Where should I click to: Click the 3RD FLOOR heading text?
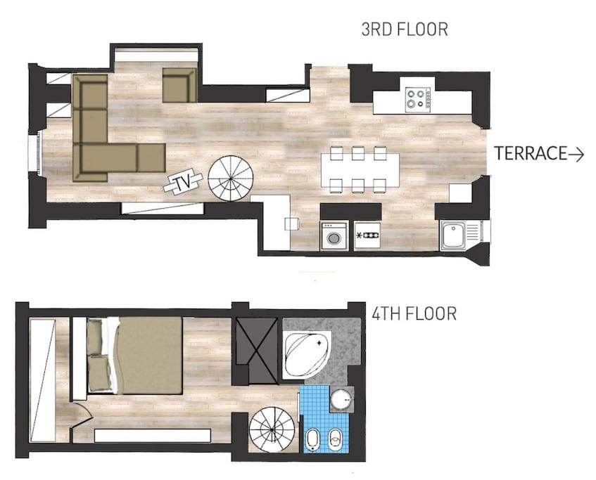tap(405, 30)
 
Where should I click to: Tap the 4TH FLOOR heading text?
tap(414, 313)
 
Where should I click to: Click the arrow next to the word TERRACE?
tap(576, 154)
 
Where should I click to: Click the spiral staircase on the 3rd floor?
tap(231, 178)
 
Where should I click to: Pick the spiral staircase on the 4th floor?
tap(272, 429)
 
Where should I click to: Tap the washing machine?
tap(334, 236)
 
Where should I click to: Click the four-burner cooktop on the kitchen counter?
tap(418, 99)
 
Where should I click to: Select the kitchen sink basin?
tap(452, 235)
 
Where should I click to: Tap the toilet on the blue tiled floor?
tap(313, 439)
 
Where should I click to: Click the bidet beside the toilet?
tap(335, 439)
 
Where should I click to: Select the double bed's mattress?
tap(149, 356)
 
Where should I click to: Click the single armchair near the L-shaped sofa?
tap(179, 85)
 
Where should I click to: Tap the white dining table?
tap(360, 170)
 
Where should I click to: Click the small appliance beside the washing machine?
tap(367, 236)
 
